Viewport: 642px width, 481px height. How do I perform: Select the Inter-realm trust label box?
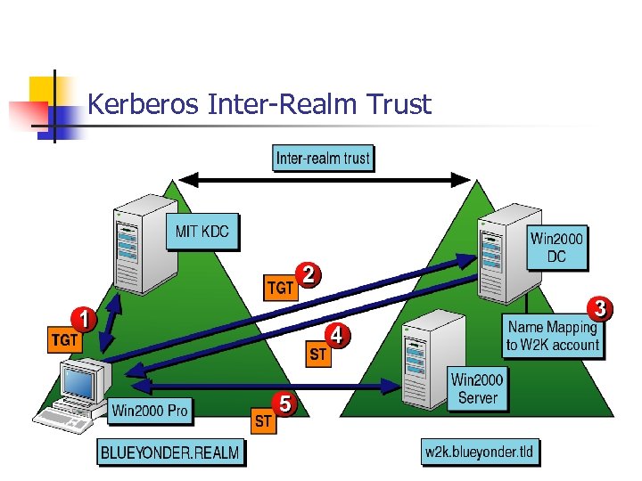pos(323,159)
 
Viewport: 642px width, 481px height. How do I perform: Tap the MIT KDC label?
pos(202,232)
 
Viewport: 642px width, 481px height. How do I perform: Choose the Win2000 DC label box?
pos(558,248)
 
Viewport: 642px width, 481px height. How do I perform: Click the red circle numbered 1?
pos(83,318)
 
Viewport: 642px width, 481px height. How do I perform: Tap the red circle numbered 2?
pos(308,274)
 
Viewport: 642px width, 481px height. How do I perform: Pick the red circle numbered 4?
pos(336,336)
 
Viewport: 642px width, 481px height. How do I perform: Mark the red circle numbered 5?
pos(284,404)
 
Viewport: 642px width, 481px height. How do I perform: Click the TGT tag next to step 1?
pos(64,340)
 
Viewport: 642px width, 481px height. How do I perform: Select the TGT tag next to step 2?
pos(281,289)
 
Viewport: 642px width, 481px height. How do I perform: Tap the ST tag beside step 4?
pos(317,355)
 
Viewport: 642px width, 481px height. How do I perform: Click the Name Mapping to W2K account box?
pos(553,336)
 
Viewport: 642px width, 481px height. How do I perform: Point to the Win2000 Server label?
pos(477,389)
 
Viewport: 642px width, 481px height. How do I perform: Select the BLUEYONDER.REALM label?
pos(169,452)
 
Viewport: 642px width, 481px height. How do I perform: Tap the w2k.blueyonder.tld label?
pos(480,452)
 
